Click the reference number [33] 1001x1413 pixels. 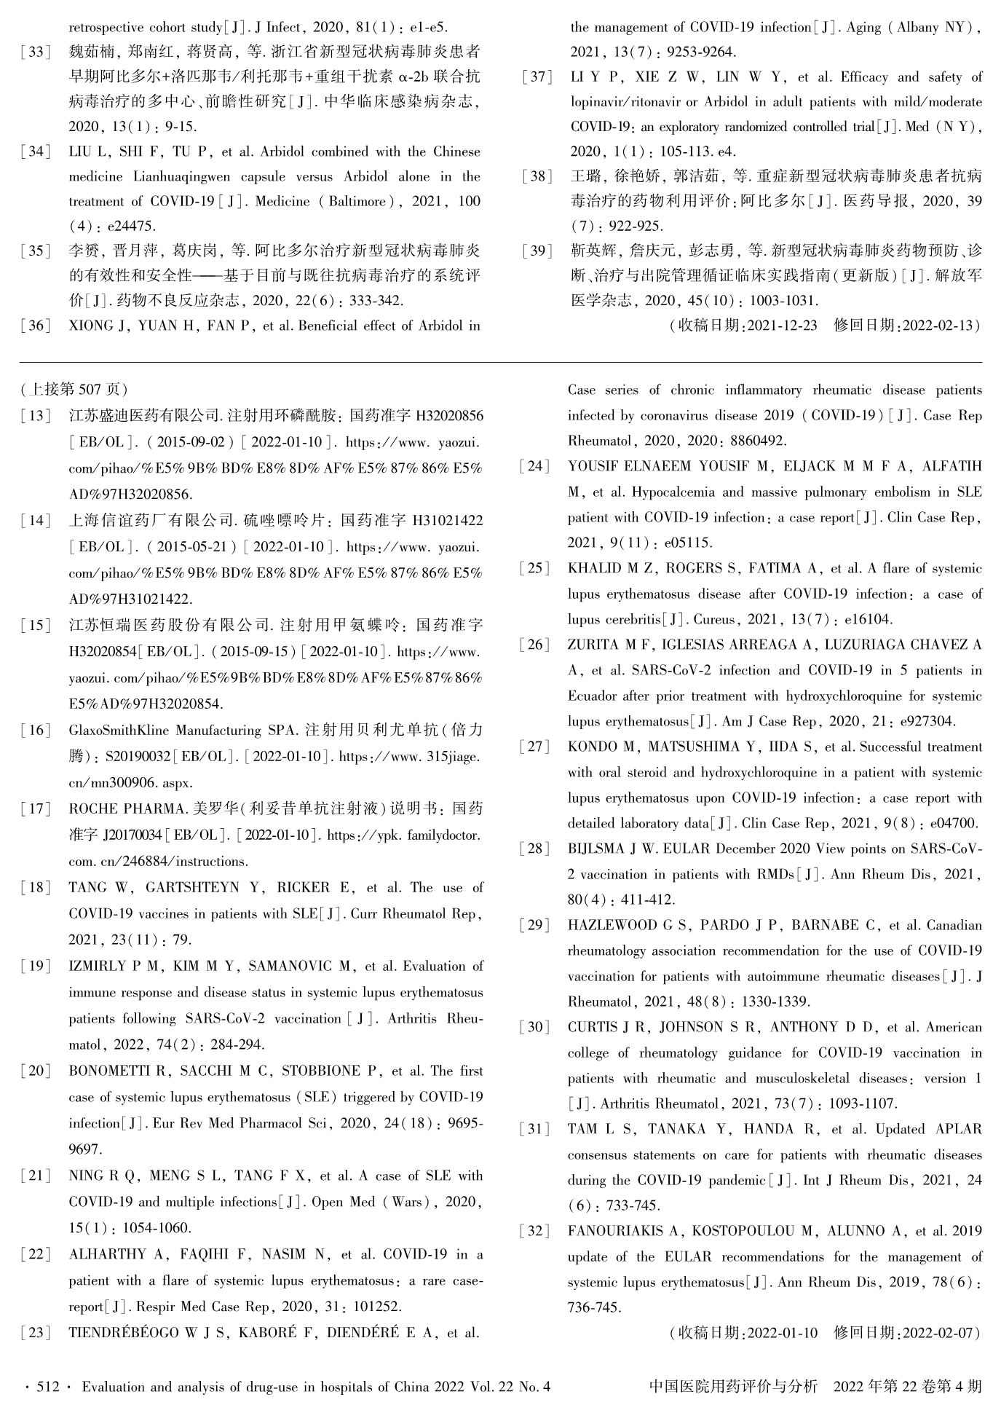click(x=36, y=52)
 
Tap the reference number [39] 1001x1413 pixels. click(x=537, y=251)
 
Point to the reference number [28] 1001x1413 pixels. click(x=534, y=849)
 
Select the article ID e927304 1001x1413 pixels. click(x=927, y=722)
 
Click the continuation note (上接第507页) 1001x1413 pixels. click(x=75, y=389)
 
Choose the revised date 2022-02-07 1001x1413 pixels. click(x=935, y=1333)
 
